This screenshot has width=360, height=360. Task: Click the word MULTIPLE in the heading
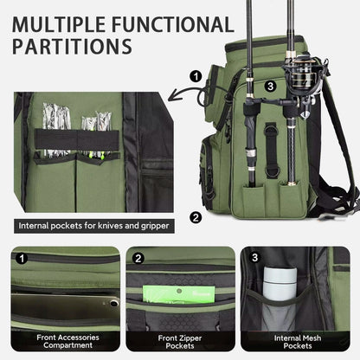[59, 24]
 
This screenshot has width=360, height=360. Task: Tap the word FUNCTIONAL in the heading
[173, 24]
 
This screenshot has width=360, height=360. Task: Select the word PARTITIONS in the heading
[72, 46]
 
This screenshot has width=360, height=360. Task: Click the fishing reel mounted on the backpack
[304, 76]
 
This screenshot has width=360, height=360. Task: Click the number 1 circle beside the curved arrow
[196, 77]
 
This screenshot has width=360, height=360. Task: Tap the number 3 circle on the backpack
[270, 86]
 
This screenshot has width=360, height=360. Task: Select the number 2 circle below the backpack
[196, 217]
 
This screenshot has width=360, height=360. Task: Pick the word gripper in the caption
[155, 226]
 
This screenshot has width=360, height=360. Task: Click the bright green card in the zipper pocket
[179, 294]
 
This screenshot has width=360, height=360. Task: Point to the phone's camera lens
[114, 303]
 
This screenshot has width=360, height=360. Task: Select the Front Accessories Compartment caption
[67, 341]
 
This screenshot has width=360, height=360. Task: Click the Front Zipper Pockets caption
[180, 342]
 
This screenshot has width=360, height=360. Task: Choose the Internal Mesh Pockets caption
[298, 342]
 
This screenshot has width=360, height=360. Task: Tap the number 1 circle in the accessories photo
[22, 258]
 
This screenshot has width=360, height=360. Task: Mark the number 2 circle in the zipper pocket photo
[138, 258]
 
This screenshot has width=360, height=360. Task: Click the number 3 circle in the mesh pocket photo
[254, 257]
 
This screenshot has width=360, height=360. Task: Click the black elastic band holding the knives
[77, 139]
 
